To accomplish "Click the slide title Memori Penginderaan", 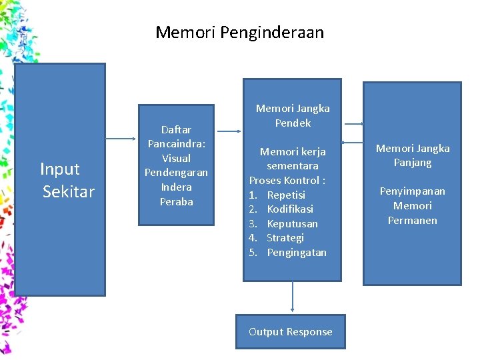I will coord(239,32).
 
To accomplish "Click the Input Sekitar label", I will coord(68,181).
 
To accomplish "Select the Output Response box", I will coord(290,332).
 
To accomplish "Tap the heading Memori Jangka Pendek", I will coord(293,115).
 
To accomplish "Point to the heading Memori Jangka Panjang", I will coord(413,155).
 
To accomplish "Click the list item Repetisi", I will coord(286,195).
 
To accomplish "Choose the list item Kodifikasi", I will coord(290,209).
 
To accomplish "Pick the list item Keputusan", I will coord(292,223).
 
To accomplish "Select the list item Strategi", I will coord(285,238).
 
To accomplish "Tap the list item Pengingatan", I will coord(297,253).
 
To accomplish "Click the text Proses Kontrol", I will coord(287,181).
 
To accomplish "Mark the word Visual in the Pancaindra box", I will coord(176,159).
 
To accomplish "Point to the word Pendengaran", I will coord(176,173).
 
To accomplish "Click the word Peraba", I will coord(176,202).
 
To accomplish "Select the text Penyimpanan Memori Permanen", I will coord(413,205).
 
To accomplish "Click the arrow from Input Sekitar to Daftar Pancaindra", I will coord(121,139).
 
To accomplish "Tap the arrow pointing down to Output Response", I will coord(293,297).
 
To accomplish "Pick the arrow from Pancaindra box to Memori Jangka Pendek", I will coord(229,131).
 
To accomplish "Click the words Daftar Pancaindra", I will coord(176,137).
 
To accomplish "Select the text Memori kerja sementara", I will coord(293,159).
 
